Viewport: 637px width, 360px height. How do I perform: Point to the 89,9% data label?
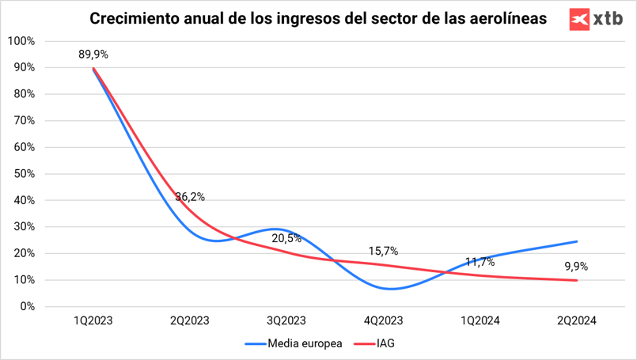click(x=93, y=55)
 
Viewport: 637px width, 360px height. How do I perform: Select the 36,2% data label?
click(x=190, y=197)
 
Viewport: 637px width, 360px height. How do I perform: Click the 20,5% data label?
click(x=286, y=238)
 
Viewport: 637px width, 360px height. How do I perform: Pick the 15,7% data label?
click(x=383, y=252)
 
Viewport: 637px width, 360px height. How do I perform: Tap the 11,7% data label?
click(x=480, y=262)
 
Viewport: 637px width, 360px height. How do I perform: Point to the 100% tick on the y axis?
click(x=21, y=41)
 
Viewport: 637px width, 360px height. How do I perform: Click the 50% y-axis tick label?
click(x=23, y=173)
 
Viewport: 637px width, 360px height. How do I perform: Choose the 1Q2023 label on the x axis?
click(x=93, y=320)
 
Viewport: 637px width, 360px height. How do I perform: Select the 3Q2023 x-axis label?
click(x=286, y=320)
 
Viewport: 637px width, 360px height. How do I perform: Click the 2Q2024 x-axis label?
click(x=575, y=320)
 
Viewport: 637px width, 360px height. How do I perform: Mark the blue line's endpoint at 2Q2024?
click(x=576, y=241)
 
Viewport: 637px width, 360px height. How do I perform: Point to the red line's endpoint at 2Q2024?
click(x=576, y=280)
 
